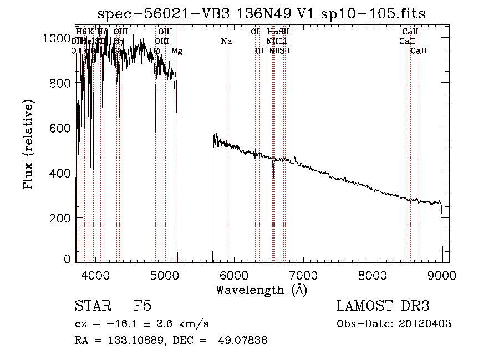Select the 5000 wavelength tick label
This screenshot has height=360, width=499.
[164, 275]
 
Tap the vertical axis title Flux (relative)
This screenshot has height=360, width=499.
[28, 144]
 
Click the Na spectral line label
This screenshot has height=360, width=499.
[226, 41]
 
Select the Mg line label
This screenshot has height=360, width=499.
[176, 51]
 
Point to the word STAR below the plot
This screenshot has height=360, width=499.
[91, 306]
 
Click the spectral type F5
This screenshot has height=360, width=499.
[142, 306]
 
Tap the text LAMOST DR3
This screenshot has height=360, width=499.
[383, 306]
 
